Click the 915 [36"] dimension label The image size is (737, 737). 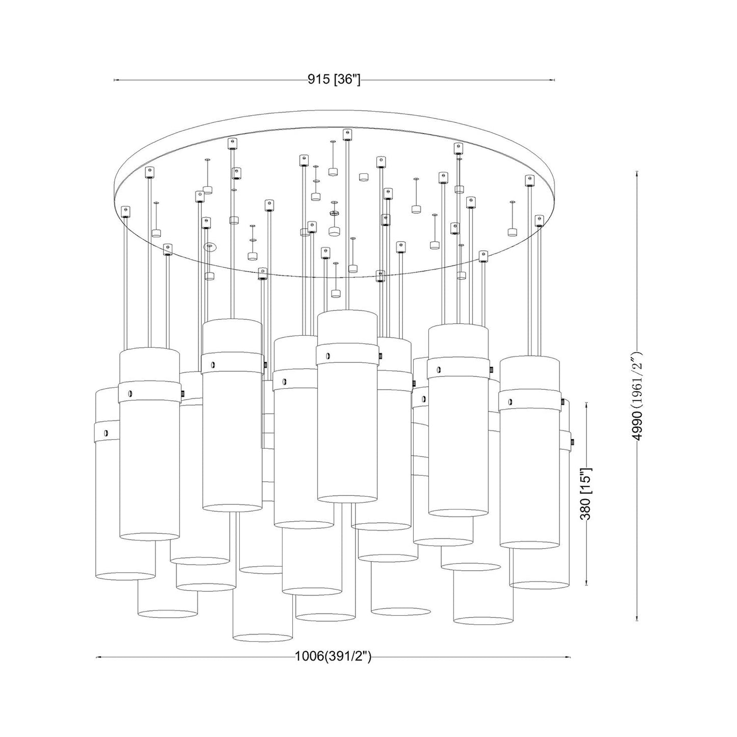pos(334,80)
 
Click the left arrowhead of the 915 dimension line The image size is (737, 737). pos(116,80)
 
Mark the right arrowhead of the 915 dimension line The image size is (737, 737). pos(553,80)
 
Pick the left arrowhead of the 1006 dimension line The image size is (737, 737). pos(98,657)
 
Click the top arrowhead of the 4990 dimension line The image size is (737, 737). pos(637,173)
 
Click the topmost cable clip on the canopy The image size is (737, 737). pos(347,135)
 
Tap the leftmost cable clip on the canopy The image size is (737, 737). pos(125,211)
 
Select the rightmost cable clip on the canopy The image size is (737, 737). pos(539,220)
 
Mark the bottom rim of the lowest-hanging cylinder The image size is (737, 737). pos(263,637)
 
